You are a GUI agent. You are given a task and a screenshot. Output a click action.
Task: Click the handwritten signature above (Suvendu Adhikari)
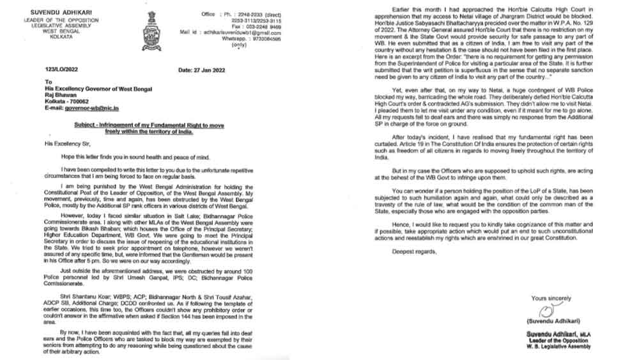click(x=545, y=313)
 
